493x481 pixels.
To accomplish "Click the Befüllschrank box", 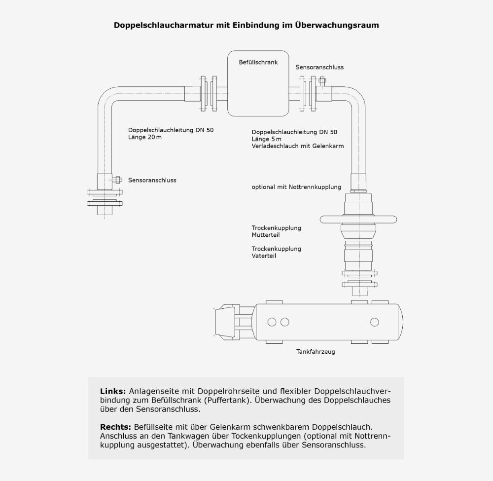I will tap(258, 84).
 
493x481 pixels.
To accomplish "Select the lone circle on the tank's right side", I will tap(375, 322).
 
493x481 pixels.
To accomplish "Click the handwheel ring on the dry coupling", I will tap(358, 220).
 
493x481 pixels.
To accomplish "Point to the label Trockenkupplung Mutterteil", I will tap(276, 231).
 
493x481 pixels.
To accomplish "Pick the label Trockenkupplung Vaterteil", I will tap(276, 253).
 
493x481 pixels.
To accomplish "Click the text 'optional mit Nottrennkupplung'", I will tap(296, 187).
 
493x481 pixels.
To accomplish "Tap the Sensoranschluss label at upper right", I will tap(319, 67).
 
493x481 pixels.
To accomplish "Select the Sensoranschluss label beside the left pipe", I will tap(152, 181).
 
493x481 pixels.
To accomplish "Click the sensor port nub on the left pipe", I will tap(118, 180).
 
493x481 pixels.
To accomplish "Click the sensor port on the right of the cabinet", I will tap(322, 81).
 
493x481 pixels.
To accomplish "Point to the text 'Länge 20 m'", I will tap(145, 138).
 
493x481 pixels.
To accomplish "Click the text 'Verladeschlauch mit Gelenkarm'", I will tap(297, 146).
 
